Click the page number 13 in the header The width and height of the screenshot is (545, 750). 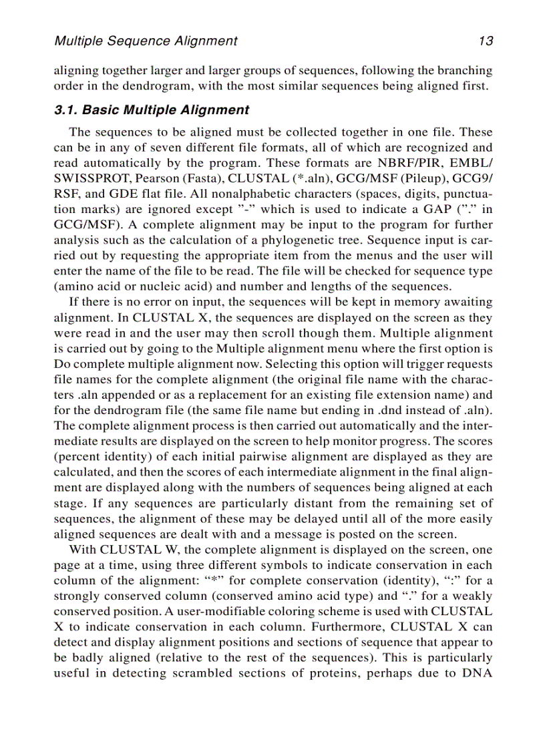[485, 41]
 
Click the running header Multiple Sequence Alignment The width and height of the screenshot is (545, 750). [145, 41]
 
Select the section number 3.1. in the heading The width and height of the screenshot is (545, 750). [65, 110]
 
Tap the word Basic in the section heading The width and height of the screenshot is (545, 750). [100, 110]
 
